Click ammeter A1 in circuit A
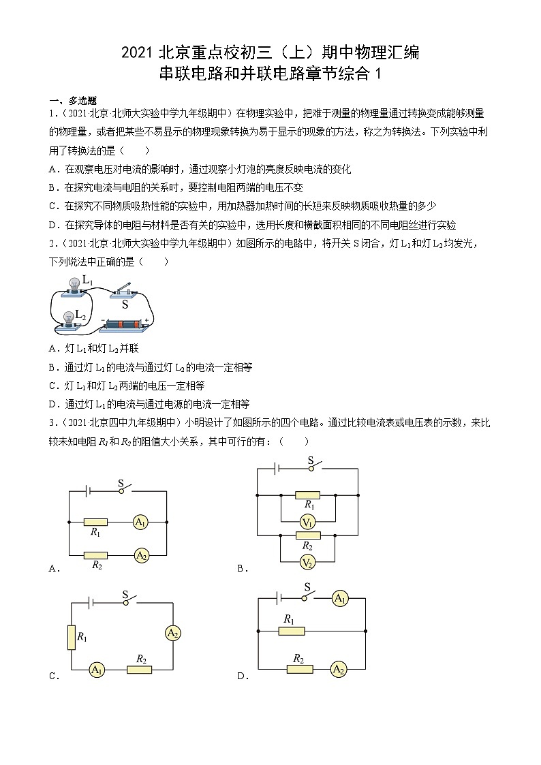click(141, 522)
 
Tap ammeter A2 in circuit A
click(141, 556)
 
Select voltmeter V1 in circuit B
click(308, 522)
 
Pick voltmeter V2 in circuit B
click(308, 562)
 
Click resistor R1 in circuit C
click(71, 637)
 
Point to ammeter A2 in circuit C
click(172, 634)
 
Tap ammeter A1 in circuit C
click(97, 670)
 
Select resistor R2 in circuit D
click(299, 669)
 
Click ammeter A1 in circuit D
click(340, 599)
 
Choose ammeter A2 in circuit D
click(339, 670)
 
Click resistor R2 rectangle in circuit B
click(308, 535)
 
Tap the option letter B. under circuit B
click(242, 568)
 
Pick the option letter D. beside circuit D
click(242, 676)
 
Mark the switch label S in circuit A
click(121, 484)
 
